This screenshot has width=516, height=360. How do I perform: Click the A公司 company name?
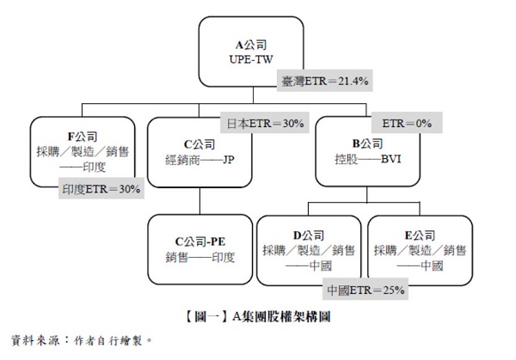251,45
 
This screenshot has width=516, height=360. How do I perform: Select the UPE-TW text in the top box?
251,59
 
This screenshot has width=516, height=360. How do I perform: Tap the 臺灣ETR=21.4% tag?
324,81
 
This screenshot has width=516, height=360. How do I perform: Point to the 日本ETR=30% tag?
265,123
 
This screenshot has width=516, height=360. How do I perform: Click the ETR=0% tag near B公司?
407,123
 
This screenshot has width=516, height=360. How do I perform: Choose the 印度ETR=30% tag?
101,188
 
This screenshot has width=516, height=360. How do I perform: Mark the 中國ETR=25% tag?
365,290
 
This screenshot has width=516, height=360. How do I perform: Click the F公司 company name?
83,137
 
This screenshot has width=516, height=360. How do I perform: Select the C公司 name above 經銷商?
200,144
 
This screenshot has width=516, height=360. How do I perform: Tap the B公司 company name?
367,143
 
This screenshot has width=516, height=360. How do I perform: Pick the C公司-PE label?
200,241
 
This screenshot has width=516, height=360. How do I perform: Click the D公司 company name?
309,235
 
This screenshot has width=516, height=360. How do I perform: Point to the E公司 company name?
420,235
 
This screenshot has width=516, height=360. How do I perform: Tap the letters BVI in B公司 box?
391,159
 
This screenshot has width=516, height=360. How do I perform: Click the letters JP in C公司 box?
229,160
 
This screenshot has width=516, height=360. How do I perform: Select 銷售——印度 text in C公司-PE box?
200,257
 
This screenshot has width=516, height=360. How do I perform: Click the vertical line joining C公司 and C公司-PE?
200,201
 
